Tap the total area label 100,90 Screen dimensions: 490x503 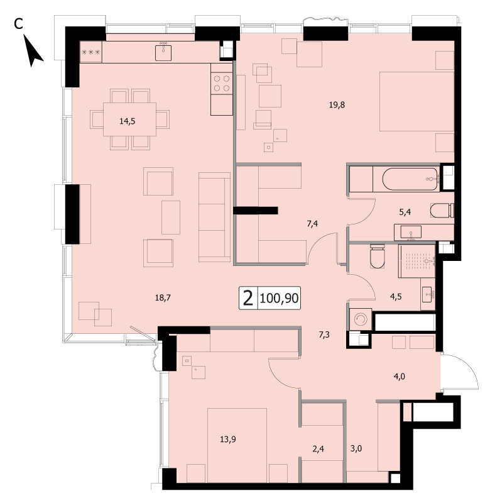[x=279, y=298]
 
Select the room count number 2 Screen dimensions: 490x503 [x=248, y=298]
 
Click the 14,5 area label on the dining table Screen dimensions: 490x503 [x=128, y=121]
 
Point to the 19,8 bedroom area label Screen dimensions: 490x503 [x=337, y=105]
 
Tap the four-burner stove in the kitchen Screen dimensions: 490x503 [x=222, y=83]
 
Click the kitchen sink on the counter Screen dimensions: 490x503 [x=163, y=53]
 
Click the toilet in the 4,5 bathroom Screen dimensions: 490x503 [x=377, y=256]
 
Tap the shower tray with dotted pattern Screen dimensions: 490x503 [x=417, y=261]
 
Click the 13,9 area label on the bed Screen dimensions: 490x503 [x=228, y=439]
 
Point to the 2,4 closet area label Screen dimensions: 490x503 [x=318, y=449]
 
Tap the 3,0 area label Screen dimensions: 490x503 [x=356, y=448]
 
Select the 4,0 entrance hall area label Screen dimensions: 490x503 [x=400, y=376]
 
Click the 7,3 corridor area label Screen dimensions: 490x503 [x=324, y=335]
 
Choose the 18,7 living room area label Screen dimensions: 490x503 [x=163, y=298]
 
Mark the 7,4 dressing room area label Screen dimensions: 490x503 [x=312, y=224]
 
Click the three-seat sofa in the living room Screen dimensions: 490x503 [x=214, y=217]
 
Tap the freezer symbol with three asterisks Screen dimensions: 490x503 [x=91, y=52]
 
